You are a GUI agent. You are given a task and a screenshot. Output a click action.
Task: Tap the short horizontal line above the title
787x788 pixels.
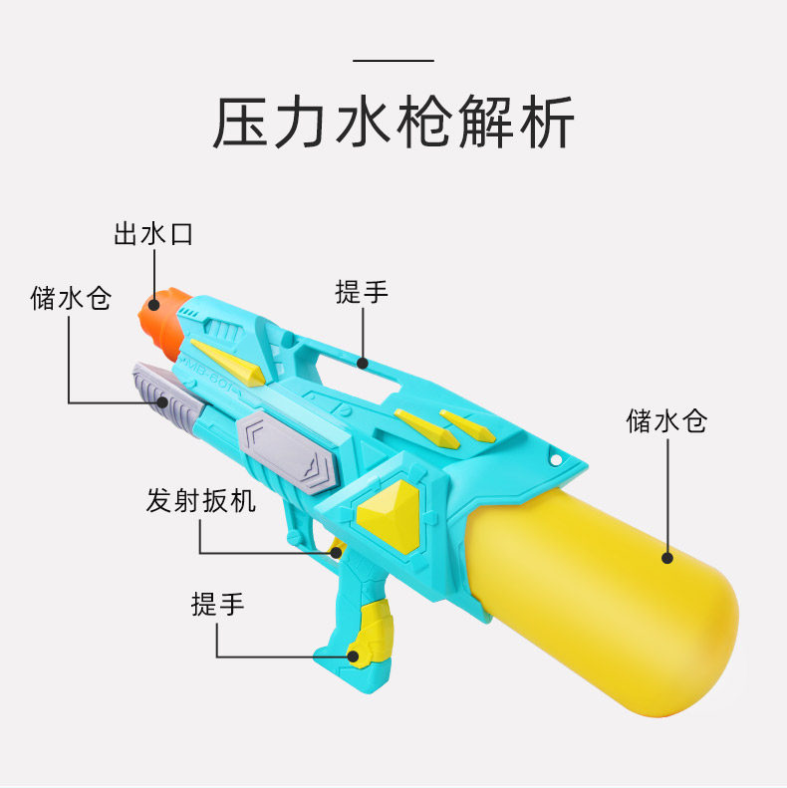pyautogui.click(x=393, y=61)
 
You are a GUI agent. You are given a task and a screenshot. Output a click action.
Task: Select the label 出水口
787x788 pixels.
pyautogui.click(x=152, y=235)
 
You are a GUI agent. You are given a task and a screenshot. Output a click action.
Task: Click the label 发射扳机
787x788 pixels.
pyautogui.click(x=200, y=500)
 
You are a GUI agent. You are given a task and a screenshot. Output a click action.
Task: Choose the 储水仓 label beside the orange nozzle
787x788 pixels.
pyautogui.click(x=71, y=298)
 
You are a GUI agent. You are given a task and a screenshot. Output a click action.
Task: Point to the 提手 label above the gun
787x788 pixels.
pyautogui.click(x=362, y=292)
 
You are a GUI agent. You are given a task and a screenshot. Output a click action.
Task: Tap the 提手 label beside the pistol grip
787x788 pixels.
pyautogui.click(x=218, y=603)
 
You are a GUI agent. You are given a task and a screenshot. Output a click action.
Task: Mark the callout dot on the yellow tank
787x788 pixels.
pyautogui.click(x=667, y=558)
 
